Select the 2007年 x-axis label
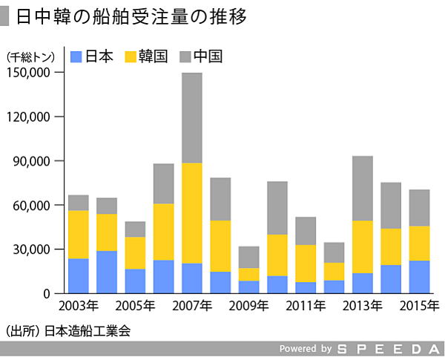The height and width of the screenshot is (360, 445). pyautogui.click(x=192, y=305)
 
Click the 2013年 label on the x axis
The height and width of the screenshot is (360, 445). pyautogui.click(x=363, y=305)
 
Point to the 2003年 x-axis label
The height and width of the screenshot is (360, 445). pyautogui.click(x=78, y=305)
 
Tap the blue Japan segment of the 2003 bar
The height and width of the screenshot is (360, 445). pyautogui.click(x=78, y=275)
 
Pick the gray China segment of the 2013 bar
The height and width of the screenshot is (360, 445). pyautogui.click(x=363, y=188)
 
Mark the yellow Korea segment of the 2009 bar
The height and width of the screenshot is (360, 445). pyautogui.click(x=248, y=275)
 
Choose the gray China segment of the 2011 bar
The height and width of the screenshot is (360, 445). pyautogui.click(x=306, y=231)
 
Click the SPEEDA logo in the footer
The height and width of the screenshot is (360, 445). pyautogui.click(x=388, y=349)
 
